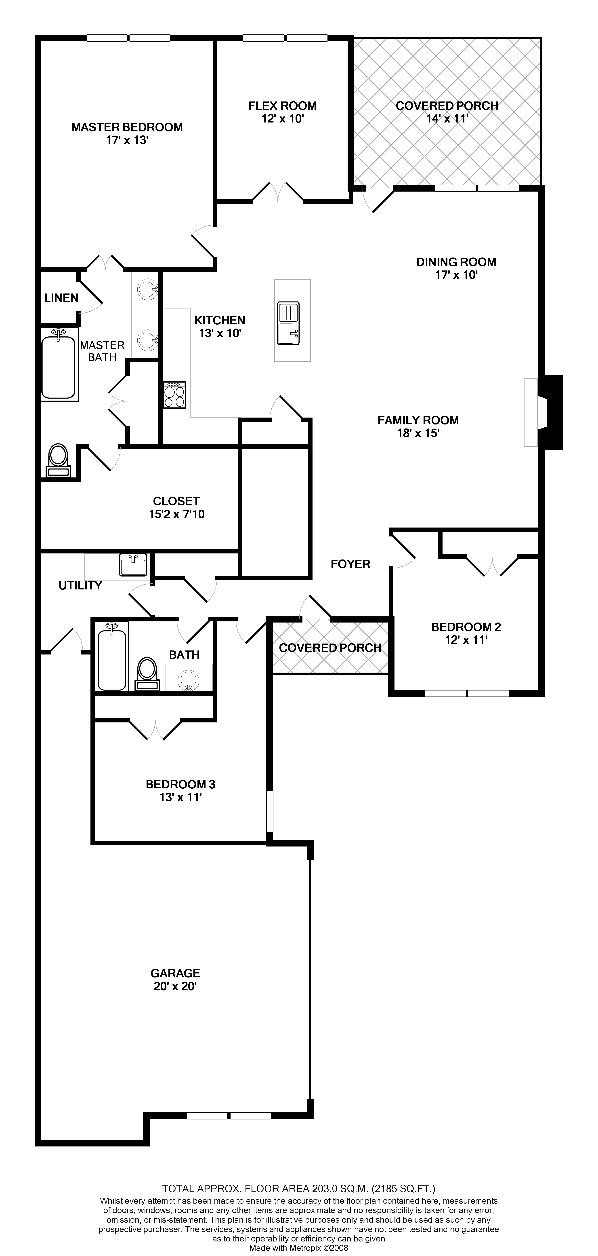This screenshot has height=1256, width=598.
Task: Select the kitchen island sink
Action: (288, 323)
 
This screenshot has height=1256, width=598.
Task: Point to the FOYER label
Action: (350, 564)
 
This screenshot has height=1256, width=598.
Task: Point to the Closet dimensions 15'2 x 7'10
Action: (176, 514)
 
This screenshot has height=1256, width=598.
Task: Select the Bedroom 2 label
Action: (466, 627)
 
